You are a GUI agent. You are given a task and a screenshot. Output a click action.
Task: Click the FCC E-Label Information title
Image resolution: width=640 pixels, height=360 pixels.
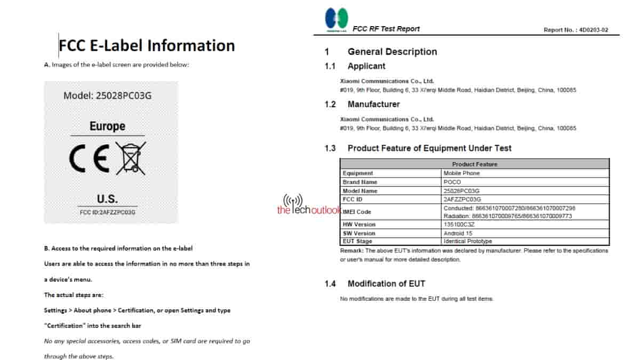click(147, 45)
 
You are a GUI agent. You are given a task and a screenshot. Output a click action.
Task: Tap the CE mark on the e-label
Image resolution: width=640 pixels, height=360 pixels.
click(89, 159)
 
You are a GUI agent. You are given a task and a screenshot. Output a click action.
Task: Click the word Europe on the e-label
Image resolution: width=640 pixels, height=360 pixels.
click(107, 126)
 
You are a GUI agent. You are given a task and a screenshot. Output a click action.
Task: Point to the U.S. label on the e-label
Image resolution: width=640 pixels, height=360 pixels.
click(107, 199)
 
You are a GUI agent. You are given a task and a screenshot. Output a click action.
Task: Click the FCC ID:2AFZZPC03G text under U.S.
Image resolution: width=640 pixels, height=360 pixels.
click(107, 212)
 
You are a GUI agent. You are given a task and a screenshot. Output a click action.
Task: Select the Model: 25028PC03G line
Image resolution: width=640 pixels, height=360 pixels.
click(108, 96)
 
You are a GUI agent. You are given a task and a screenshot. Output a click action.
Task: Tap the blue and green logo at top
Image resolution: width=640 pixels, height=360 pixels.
click(337, 20)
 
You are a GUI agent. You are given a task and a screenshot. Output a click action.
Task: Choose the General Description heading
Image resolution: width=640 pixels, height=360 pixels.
click(392, 52)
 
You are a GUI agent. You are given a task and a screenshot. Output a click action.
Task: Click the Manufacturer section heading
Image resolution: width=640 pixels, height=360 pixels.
click(373, 104)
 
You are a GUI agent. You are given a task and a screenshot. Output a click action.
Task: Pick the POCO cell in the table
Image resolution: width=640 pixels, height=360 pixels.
click(452, 182)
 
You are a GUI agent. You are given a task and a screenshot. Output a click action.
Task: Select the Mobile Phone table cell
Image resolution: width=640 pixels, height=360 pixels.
click(462, 173)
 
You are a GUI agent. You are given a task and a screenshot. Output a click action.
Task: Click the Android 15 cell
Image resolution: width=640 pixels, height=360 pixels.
click(458, 233)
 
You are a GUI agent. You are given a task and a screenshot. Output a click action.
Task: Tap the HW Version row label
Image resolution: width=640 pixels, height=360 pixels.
click(359, 225)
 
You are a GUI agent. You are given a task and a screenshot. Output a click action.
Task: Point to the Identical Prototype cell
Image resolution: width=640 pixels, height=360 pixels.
click(468, 242)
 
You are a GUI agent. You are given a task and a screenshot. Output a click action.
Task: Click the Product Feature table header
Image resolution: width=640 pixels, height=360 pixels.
click(474, 164)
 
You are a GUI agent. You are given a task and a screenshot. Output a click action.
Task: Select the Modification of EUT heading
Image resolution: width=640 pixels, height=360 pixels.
click(386, 284)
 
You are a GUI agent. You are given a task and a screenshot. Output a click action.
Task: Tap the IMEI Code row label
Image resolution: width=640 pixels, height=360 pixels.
click(357, 212)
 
